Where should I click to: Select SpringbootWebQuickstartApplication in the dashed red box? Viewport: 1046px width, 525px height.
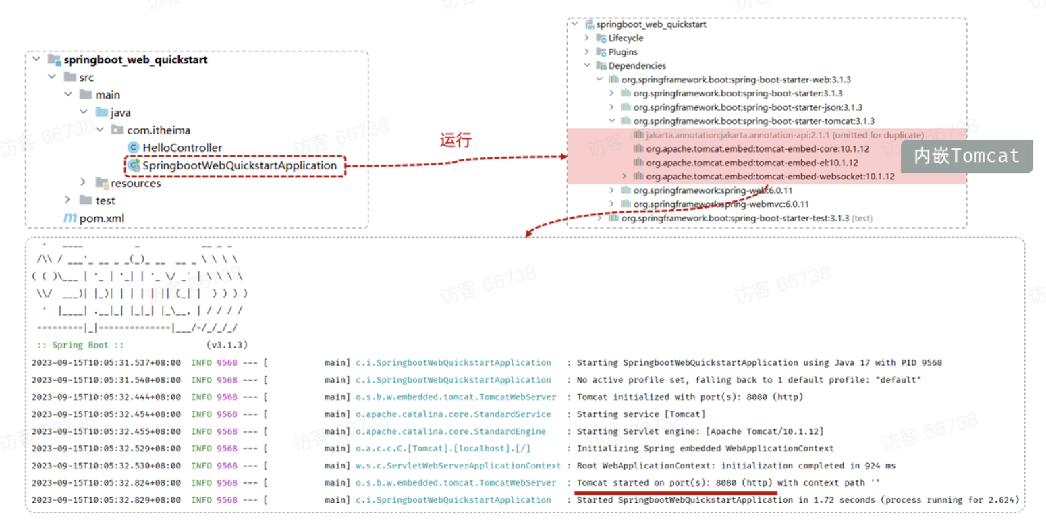[239, 165]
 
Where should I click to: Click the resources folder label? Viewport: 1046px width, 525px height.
[136, 183]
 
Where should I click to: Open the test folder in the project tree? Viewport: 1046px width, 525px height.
[105, 200]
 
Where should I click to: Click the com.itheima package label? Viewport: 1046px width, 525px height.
[159, 130]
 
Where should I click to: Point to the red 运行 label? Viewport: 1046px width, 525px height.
[456, 140]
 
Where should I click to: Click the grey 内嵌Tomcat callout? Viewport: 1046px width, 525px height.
[966, 156]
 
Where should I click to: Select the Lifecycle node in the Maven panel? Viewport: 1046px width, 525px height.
[626, 38]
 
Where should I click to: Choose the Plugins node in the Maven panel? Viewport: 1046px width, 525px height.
[622, 52]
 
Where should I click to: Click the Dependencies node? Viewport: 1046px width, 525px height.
[637, 66]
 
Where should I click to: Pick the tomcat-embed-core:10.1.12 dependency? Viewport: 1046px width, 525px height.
[757, 149]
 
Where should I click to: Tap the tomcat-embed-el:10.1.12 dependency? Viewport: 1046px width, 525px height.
[752, 163]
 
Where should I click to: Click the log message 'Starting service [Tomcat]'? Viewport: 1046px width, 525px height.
[640, 414]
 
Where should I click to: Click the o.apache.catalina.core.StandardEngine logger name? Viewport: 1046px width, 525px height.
[451, 431]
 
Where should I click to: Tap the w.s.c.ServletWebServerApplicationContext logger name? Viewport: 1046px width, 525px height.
[458, 466]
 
